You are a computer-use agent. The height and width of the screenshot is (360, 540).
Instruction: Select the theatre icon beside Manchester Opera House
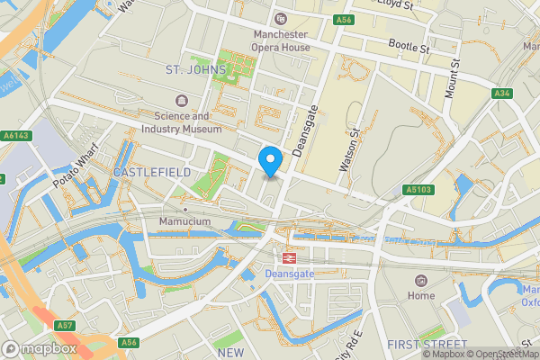pos(281,18)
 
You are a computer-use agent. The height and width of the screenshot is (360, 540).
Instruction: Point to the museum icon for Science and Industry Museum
pos(182,100)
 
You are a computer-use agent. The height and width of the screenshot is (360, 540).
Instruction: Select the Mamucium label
pos(184,221)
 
